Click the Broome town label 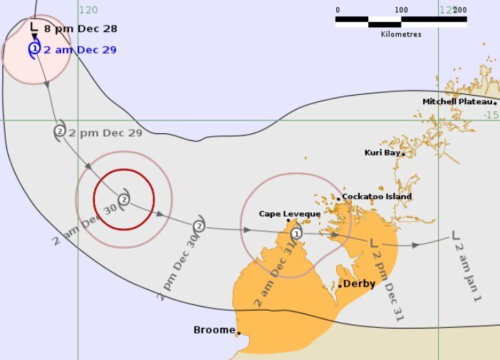214,330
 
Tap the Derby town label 359,284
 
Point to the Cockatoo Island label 377,197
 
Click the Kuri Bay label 383,153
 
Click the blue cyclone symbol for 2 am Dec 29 34,49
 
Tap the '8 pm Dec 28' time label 80,29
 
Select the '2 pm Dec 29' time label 106,133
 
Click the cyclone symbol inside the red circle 124,199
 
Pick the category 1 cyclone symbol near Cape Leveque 296,232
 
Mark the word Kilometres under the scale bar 401,34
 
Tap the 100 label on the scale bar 401,10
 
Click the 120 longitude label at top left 88,10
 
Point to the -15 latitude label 491,115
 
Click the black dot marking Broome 239,332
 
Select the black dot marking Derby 340,286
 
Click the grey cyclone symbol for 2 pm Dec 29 60,131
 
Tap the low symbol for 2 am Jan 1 457,235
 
